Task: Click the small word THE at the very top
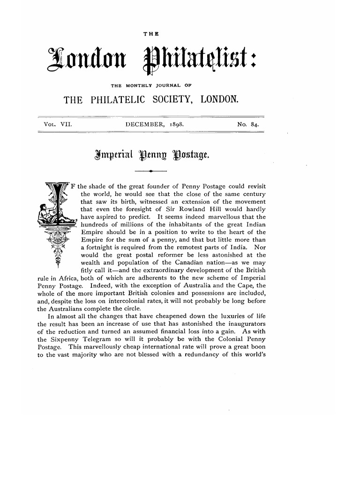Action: pyautogui.click(x=153, y=33)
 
